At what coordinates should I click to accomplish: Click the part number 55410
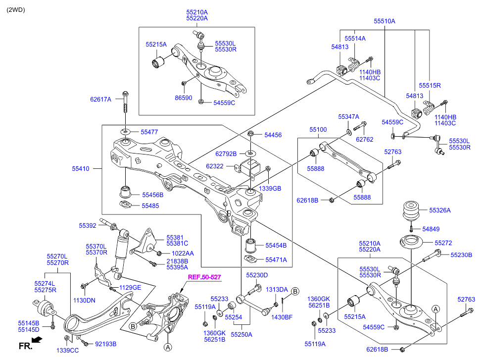click(81, 169)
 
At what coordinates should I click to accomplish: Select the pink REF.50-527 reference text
click(204, 277)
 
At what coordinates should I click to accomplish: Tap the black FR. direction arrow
click(37, 340)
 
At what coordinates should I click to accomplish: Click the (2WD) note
click(16, 10)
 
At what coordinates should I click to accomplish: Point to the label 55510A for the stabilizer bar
click(385, 21)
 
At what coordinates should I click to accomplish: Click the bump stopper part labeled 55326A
click(411, 211)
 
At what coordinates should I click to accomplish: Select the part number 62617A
click(100, 100)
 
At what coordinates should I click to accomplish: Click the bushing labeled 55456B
click(125, 191)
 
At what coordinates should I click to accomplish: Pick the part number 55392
click(88, 225)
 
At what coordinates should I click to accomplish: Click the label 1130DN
click(84, 300)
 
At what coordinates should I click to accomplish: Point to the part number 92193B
click(106, 344)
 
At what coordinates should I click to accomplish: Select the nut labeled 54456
click(250, 134)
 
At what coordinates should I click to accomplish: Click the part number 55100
click(318, 130)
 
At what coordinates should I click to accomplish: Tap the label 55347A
click(348, 116)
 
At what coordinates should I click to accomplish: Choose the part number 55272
click(443, 243)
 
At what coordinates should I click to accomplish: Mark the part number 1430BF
click(282, 317)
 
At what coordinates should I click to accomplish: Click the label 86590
click(184, 98)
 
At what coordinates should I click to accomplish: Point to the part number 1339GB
click(270, 188)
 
